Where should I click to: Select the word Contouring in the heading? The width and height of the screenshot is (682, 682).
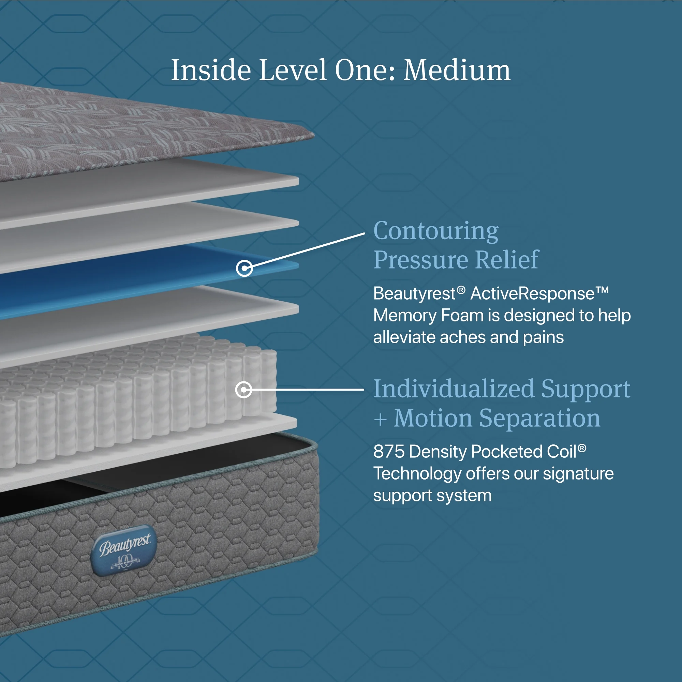436,231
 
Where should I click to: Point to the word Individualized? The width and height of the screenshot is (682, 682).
454,389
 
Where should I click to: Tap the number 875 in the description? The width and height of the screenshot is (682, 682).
389,452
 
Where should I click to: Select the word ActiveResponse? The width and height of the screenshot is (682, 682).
533,294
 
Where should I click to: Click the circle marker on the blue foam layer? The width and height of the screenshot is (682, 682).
244,269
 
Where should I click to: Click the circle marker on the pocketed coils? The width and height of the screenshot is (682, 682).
243,390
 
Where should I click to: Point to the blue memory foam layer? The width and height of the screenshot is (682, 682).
148,279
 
